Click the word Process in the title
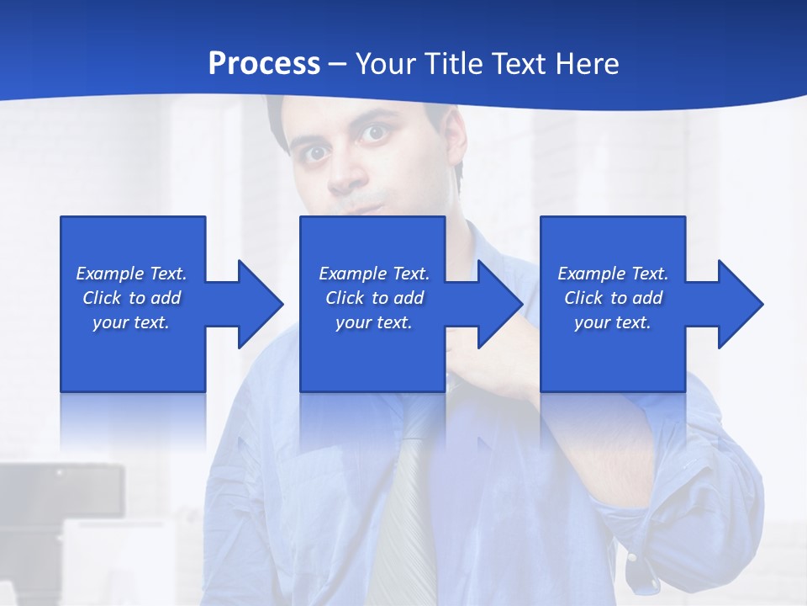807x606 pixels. (264, 63)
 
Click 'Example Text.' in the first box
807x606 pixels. (131, 274)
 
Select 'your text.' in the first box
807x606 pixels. (131, 322)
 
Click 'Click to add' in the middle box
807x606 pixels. (374, 298)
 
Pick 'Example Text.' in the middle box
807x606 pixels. (374, 274)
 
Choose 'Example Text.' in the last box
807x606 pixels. (613, 274)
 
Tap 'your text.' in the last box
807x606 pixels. (613, 322)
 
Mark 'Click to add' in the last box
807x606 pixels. (613, 298)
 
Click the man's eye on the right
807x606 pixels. (374, 133)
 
